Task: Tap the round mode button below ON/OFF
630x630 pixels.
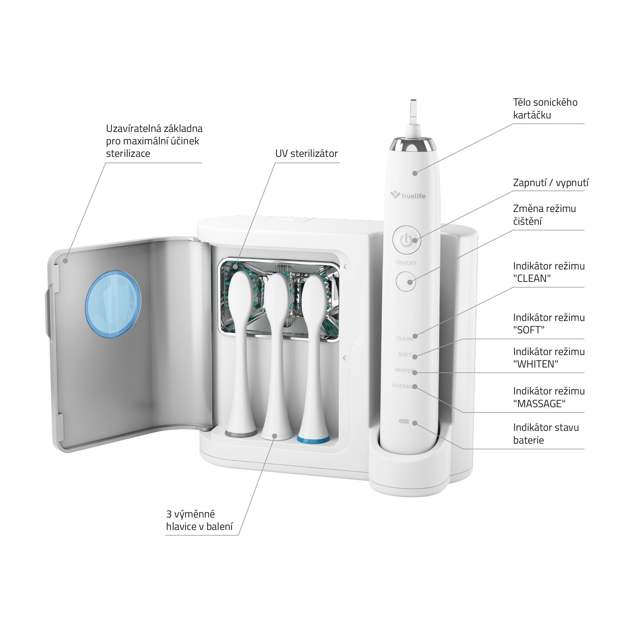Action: click(x=406, y=282)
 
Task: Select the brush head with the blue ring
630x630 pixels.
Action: click(x=313, y=358)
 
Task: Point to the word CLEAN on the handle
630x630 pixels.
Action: click(x=405, y=339)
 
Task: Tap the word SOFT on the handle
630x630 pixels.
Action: click(x=405, y=355)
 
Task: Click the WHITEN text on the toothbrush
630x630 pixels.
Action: click(x=405, y=370)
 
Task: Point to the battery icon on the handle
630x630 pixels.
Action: click(x=403, y=421)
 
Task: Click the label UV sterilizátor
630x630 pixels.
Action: click(x=306, y=154)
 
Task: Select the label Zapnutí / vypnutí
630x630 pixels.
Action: click(x=551, y=183)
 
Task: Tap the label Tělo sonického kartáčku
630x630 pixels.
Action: click(x=545, y=109)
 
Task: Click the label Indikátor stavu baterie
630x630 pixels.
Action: click(x=546, y=434)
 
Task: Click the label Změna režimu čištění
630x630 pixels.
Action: click(x=544, y=215)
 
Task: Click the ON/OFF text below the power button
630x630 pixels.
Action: click(x=406, y=263)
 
